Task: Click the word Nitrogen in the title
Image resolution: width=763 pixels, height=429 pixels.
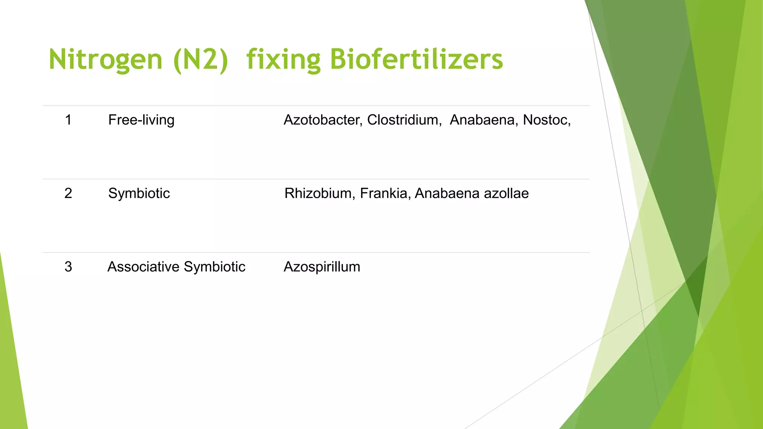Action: point(105,60)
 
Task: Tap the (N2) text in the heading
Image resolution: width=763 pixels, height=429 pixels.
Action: point(200,60)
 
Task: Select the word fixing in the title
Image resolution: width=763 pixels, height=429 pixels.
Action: point(283,60)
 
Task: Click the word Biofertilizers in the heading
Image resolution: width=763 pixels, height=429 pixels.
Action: point(416,60)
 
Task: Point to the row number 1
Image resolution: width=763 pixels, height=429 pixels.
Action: point(68,120)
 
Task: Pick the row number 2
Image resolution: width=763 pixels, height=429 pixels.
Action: point(68,193)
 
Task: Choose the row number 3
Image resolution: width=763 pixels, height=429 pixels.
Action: point(68,267)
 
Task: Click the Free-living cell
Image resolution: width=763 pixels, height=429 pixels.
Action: point(141,120)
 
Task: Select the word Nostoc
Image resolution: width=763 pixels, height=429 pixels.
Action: point(546,120)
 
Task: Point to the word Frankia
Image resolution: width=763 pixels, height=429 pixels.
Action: point(385,193)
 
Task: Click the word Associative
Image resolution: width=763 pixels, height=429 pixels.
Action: point(143,267)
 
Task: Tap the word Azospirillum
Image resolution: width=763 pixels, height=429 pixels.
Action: point(322,267)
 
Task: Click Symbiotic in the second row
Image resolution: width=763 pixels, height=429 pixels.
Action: point(139,193)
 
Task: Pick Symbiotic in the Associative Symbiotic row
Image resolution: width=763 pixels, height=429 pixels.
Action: point(215,267)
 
